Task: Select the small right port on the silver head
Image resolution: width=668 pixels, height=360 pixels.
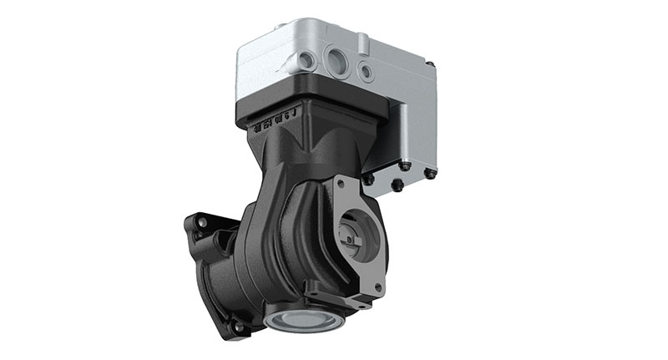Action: tap(366, 72)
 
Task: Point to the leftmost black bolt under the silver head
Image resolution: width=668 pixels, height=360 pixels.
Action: tap(367, 179)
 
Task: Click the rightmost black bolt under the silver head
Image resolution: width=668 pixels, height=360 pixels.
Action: tap(429, 175)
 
